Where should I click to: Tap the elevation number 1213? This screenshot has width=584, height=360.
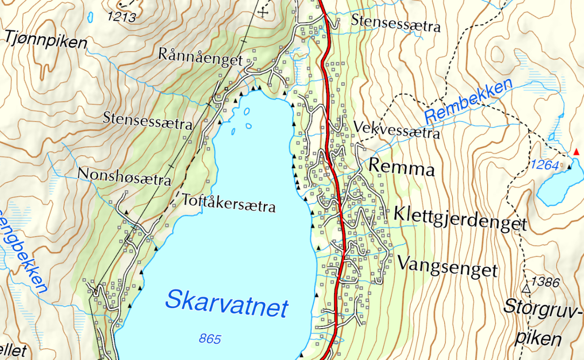click(x=121, y=17)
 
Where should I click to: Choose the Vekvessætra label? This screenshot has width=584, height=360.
click(x=397, y=130)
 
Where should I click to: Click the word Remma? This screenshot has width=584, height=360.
click(x=401, y=168)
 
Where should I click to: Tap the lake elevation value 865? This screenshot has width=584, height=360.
click(x=210, y=339)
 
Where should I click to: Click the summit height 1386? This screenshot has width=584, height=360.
click(x=545, y=282)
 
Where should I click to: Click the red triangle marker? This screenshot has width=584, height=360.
click(x=576, y=152)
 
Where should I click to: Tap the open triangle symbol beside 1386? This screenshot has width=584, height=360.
click(x=527, y=288)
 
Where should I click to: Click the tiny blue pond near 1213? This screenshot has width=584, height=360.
click(x=90, y=17)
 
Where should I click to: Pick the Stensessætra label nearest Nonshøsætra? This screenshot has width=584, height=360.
click(x=147, y=121)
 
